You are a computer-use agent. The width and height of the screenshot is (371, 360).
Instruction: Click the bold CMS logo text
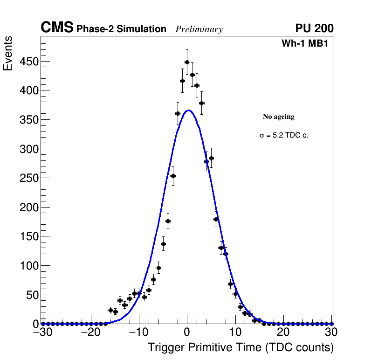tap(57, 28)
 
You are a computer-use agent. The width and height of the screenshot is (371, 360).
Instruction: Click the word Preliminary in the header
tap(199, 29)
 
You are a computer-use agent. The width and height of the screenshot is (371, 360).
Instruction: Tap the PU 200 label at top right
tap(314, 28)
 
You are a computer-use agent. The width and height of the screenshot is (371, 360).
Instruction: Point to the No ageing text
tap(279, 117)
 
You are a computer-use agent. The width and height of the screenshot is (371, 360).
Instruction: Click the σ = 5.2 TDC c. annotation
tap(284, 136)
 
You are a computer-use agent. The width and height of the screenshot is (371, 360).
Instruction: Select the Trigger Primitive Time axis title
tap(241, 348)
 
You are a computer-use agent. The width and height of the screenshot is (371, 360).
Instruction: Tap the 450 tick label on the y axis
tap(29, 62)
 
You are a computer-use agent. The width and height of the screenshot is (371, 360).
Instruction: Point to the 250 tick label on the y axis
tap(29, 178)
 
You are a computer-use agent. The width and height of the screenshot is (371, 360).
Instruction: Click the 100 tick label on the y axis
tap(29, 266)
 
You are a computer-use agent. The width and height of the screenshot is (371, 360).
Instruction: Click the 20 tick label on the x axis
tap(283, 332)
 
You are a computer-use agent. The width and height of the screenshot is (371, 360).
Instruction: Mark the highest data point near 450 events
tap(187, 62)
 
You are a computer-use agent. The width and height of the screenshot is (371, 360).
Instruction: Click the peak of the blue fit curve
tap(188, 111)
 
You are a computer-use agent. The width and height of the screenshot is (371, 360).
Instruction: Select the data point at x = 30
tap(331, 324)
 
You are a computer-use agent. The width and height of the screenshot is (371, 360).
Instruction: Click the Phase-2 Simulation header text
tap(121, 29)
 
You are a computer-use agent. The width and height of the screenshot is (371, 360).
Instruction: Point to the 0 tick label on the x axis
tap(187, 332)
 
